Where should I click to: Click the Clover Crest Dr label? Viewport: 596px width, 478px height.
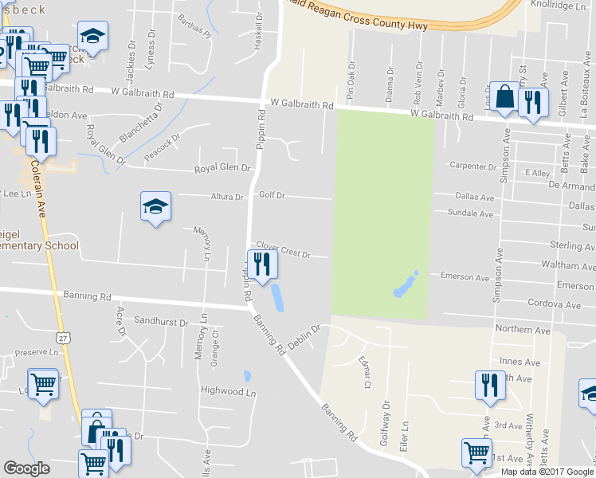pos(282,250)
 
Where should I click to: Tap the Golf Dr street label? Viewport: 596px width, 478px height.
pos(270,195)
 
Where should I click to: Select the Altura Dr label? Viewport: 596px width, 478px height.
pos(227,197)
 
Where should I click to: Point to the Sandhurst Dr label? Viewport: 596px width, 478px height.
pos(160,323)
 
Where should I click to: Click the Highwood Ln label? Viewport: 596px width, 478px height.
pos(228,391)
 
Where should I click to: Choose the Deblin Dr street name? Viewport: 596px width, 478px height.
pos(304,336)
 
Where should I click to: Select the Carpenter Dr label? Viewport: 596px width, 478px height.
pos(472,167)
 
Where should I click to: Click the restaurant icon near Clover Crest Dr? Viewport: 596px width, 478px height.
pos(262,264)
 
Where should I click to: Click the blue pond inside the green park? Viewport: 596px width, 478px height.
pos(405,284)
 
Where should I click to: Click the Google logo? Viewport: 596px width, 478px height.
pos(26,468)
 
